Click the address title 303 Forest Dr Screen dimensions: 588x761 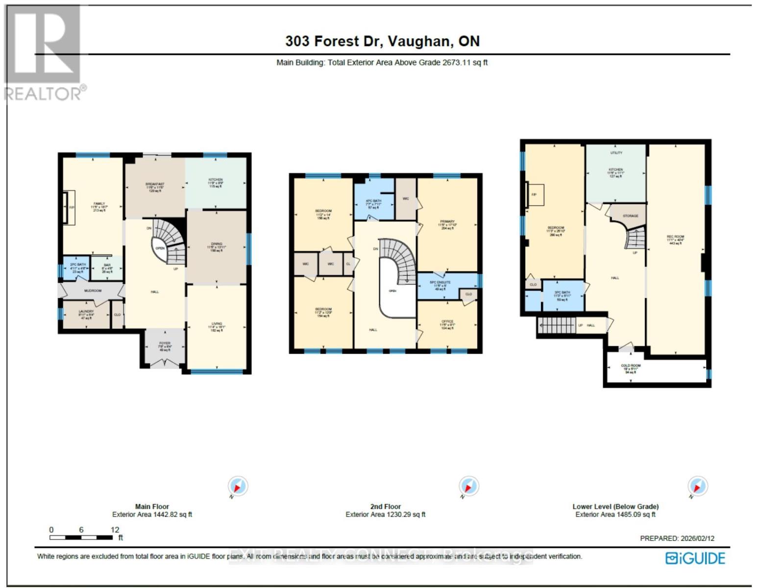[x=382, y=41]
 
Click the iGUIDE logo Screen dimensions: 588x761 [x=695, y=558]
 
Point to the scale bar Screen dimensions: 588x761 [x=81, y=537]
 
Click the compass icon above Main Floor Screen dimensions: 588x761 [x=238, y=487]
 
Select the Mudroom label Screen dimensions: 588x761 [x=93, y=291]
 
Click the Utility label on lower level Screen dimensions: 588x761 [x=616, y=153]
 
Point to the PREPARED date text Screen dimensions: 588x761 [x=677, y=538]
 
